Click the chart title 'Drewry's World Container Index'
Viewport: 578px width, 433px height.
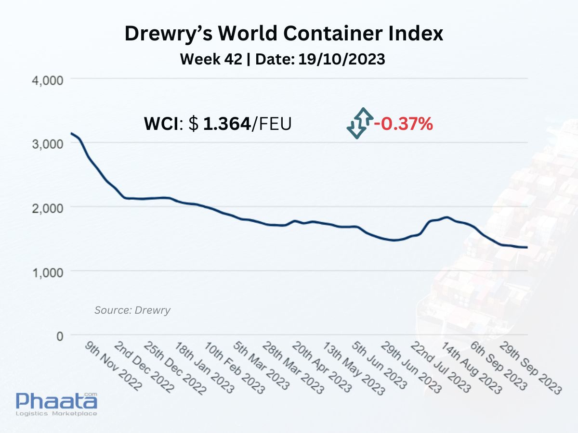click(x=284, y=34)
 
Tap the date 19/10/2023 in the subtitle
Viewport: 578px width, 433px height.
click(x=342, y=59)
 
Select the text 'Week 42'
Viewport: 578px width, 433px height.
click(x=211, y=59)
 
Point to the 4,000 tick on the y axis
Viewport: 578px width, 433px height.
click(x=48, y=80)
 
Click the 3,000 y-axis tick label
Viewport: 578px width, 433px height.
click(x=48, y=144)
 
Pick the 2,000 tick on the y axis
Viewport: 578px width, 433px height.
click(x=48, y=208)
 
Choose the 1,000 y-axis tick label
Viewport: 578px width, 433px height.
click(x=48, y=272)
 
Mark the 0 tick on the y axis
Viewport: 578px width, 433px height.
click(x=60, y=336)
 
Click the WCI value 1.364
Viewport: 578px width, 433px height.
click(x=227, y=124)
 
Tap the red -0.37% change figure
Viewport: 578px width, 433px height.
click(x=404, y=124)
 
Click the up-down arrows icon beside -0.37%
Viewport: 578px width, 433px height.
click(x=360, y=123)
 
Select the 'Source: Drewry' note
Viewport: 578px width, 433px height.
click(x=132, y=310)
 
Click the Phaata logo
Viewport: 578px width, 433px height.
click(x=57, y=404)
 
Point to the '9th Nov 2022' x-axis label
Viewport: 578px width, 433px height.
click(x=114, y=366)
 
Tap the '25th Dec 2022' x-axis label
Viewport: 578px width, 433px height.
click(x=175, y=368)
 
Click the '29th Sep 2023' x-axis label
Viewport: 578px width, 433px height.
click(x=531, y=368)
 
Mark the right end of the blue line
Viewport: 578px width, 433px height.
click(x=527, y=247)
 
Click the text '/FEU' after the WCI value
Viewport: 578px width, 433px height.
click(x=272, y=124)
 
